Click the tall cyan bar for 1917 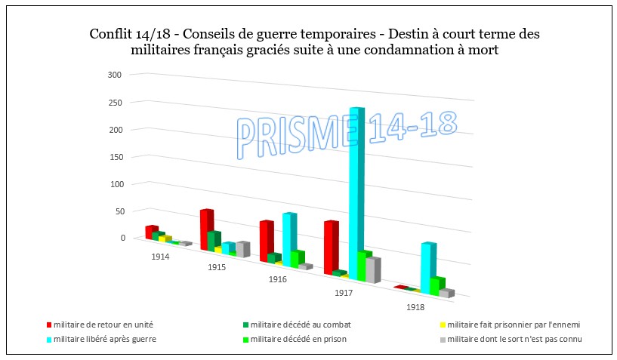click(357, 192)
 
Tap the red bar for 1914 click(151, 232)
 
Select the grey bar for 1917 click(372, 269)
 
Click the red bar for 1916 click(266, 241)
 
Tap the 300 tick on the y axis click(115, 75)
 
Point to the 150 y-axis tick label click(115, 156)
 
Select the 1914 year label click(159, 257)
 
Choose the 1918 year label click(414, 307)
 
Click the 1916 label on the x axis click(278, 280)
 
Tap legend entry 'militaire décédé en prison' click(298, 339)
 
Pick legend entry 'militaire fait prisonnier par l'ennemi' click(514, 325)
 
